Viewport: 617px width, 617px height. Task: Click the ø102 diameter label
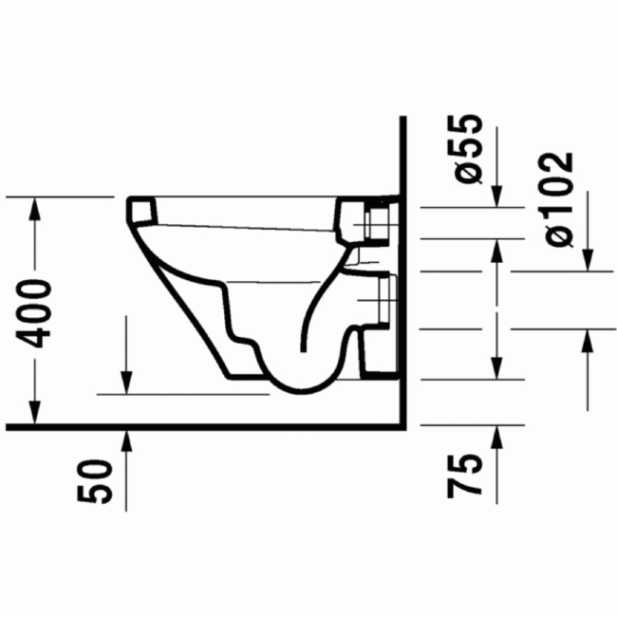click(558, 199)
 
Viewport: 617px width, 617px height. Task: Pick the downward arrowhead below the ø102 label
click(589, 257)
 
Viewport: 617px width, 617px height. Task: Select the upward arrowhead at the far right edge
click(589, 342)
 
